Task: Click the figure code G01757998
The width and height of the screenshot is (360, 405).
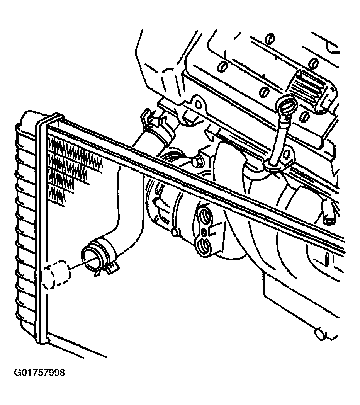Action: point(39,373)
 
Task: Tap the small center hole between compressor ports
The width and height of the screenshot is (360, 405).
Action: point(204,232)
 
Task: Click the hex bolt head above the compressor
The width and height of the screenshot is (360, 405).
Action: point(197,162)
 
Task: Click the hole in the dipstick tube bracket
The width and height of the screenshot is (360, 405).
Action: point(286,155)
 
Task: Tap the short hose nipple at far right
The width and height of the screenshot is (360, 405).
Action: point(328,212)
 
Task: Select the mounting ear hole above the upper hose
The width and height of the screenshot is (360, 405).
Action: point(198,105)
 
